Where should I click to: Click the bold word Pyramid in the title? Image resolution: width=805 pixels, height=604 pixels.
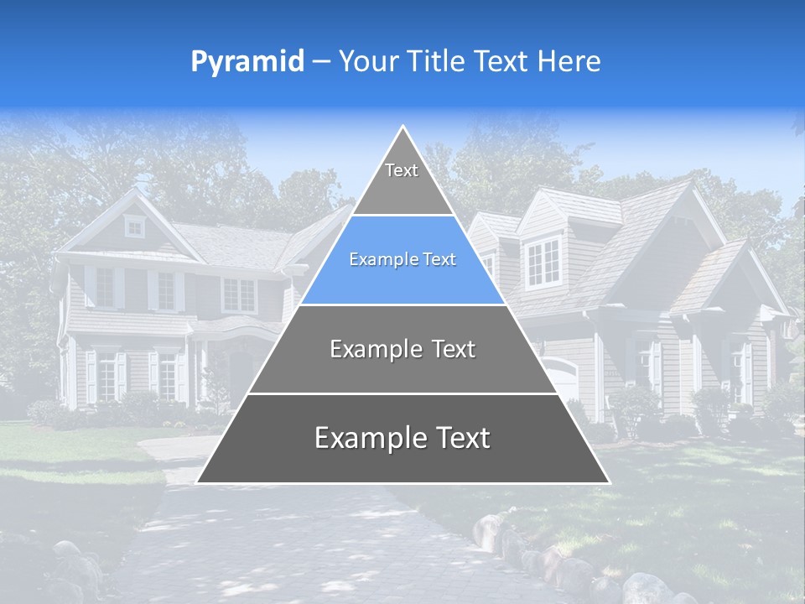[x=247, y=62]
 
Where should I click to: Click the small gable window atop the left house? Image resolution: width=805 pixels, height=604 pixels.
[x=134, y=226]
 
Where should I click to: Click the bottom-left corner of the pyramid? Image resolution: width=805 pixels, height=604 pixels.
[x=198, y=482]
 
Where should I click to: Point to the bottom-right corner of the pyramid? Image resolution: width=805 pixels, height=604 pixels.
[x=608, y=482]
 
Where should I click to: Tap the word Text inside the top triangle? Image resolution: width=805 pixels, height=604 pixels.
[x=402, y=170]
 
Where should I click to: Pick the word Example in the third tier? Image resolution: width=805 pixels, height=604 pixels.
[x=366, y=349]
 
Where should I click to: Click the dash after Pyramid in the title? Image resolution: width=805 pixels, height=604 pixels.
[x=321, y=62]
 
